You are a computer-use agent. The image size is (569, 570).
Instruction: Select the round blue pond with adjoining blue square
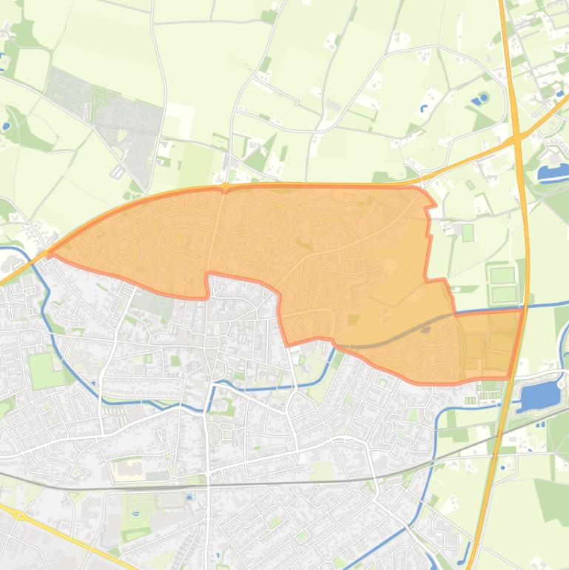pyautogui.click(x=482, y=98)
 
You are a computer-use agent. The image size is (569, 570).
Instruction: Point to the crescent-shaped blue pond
pyautogui.click(x=424, y=109)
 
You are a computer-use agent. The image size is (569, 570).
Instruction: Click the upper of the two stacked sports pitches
pyautogui.click(x=502, y=275)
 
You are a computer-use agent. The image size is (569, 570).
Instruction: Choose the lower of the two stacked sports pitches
pyautogui.click(x=503, y=293)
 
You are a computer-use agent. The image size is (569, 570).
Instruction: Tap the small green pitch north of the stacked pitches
pyautogui.click(x=468, y=232)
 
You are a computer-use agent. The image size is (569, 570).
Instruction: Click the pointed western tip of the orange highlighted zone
pyautogui.click(x=50, y=253)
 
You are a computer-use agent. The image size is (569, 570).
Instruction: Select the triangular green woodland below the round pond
pyautogui.click(x=484, y=118)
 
